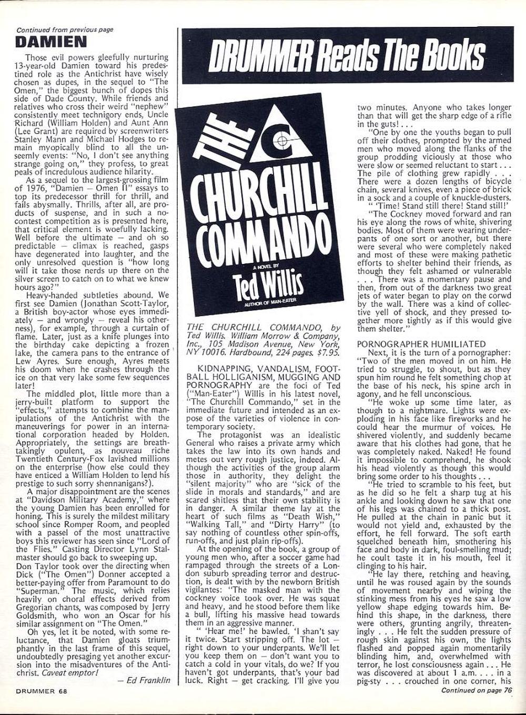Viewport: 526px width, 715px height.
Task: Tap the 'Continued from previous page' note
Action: (65, 30)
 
